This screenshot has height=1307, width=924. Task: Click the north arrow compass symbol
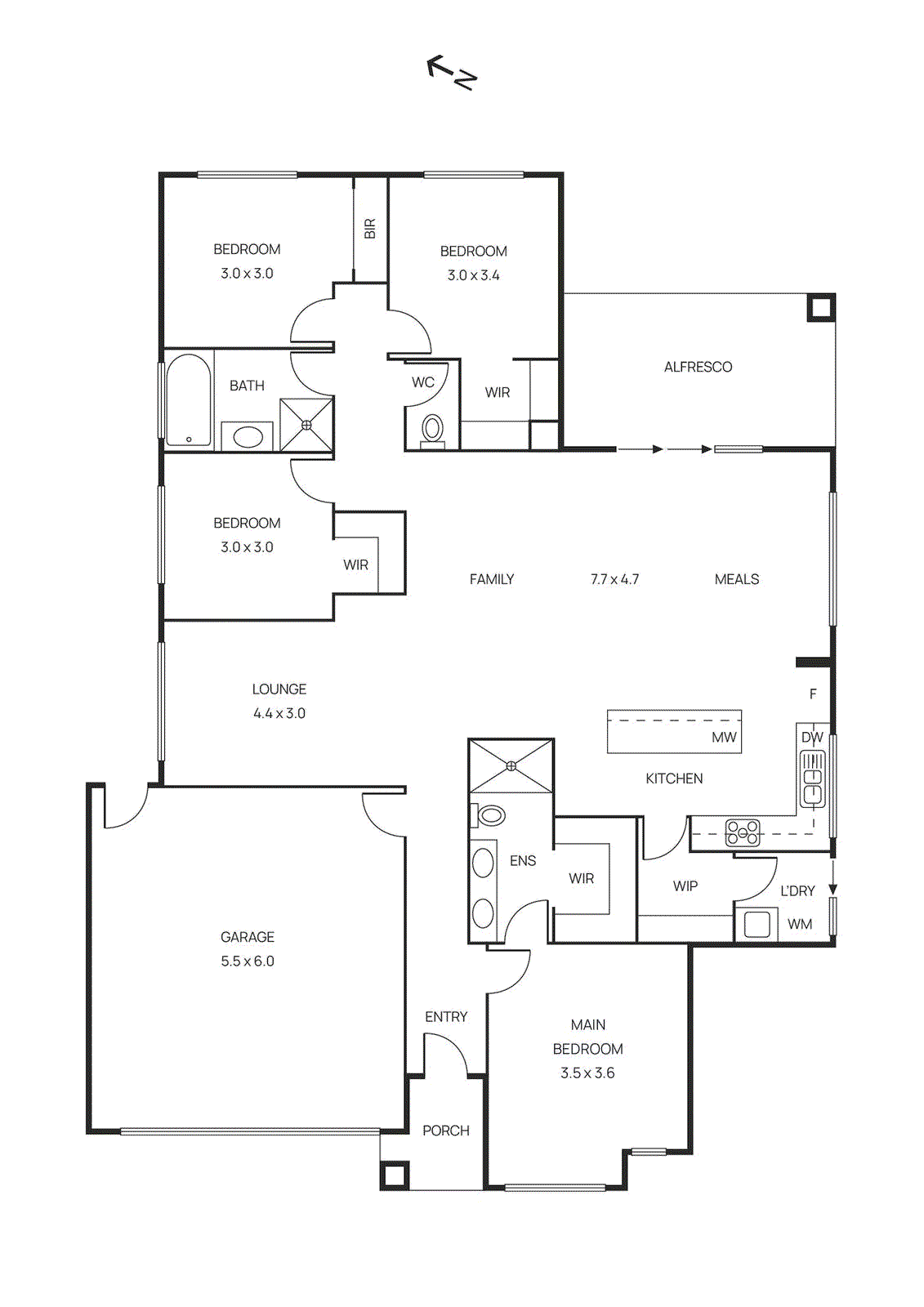[452, 72]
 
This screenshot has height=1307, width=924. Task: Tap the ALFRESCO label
[698, 368]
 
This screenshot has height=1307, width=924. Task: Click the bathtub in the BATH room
[189, 399]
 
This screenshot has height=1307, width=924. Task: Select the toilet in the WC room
[432, 428]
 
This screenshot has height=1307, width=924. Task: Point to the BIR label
[370, 229]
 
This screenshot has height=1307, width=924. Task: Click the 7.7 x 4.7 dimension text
[614, 579]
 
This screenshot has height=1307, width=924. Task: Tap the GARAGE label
[248, 937]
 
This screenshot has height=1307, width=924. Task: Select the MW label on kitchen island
[724, 738]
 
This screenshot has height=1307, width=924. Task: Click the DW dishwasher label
[812, 738]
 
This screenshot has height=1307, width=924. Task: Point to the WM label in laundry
[800, 924]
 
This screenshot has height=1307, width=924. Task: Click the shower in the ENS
[511, 765]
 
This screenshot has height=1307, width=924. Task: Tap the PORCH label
[446, 1131]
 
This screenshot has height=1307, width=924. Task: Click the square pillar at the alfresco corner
[821, 307]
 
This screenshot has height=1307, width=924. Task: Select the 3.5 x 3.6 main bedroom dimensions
[587, 1073]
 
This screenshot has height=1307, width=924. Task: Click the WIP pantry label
[685, 886]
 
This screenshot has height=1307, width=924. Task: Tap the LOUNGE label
[279, 689]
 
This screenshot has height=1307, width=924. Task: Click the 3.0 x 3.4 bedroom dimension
[474, 275]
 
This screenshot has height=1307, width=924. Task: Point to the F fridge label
[813, 694]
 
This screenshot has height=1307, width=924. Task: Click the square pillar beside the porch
[394, 1175]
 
